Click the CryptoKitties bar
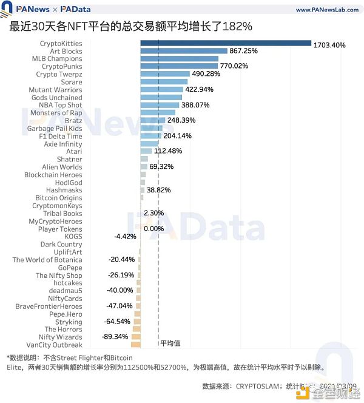click(225, 44)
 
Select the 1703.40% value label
click(333, 45)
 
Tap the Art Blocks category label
click(66, 52)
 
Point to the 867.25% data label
click(248, 52)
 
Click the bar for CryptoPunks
click(179, 67)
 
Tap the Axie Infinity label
click(63, 144)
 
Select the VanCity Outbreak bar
click(136, 345)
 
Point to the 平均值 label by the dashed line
click(170, 343)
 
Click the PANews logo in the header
click(30, 10)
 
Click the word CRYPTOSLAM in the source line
click(255, 385)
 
